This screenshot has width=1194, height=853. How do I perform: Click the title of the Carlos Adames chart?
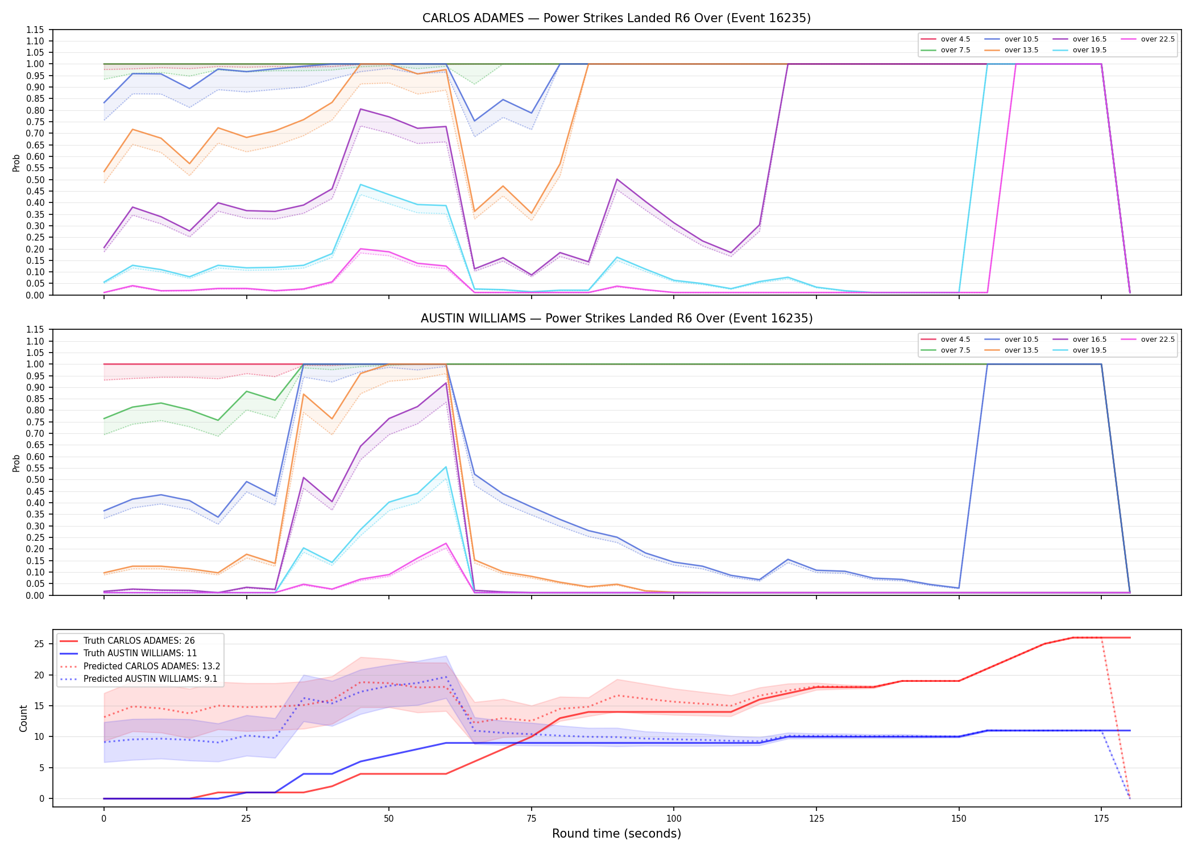coord(616,18)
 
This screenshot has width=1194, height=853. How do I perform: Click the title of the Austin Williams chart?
coord(616,318)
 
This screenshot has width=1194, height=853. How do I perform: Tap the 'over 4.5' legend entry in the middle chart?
coord(945,339)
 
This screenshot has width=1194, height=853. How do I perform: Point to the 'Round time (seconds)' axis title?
coord(616,834)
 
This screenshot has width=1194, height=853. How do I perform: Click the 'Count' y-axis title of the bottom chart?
coord(23,718)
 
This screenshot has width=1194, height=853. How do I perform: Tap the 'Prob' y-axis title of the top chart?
coord(16,163)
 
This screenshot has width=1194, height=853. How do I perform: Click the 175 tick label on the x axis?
coord(1101,819)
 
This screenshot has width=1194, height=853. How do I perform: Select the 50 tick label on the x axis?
coord(388,819)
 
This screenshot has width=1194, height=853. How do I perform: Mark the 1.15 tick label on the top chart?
coord(35,30)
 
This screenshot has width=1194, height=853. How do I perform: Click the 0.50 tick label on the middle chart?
coord(35,479)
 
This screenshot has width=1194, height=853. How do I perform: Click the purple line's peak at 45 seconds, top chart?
coord(360,109)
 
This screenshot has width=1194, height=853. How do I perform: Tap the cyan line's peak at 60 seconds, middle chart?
coord(446,467)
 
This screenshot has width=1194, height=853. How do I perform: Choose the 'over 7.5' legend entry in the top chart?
coord(945,50)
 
